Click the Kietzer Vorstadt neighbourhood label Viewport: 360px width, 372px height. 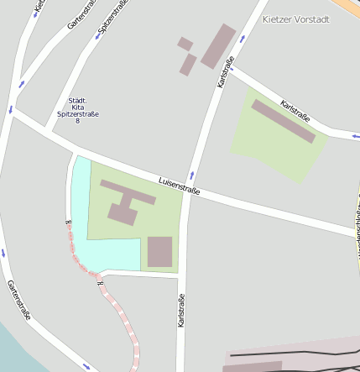click(x=295, y=18)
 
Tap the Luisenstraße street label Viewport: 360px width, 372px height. click(x=180, y=186)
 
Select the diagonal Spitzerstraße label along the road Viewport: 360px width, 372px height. click(x=112, y=18)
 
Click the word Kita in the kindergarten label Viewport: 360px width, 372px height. click(x=78, y=106)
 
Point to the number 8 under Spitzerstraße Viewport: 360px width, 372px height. click(x=78, y=121)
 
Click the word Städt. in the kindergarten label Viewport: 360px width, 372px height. click(x=78, y=98)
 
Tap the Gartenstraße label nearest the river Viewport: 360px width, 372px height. click(x=19, y=301)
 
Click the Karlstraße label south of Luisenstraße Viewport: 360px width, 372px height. click(x=181, y=310)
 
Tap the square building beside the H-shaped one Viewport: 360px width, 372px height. click(x=159, y=251)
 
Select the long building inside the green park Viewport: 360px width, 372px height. click(x=283, y=121)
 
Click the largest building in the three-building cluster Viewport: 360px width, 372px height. click(x=218, y=45)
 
